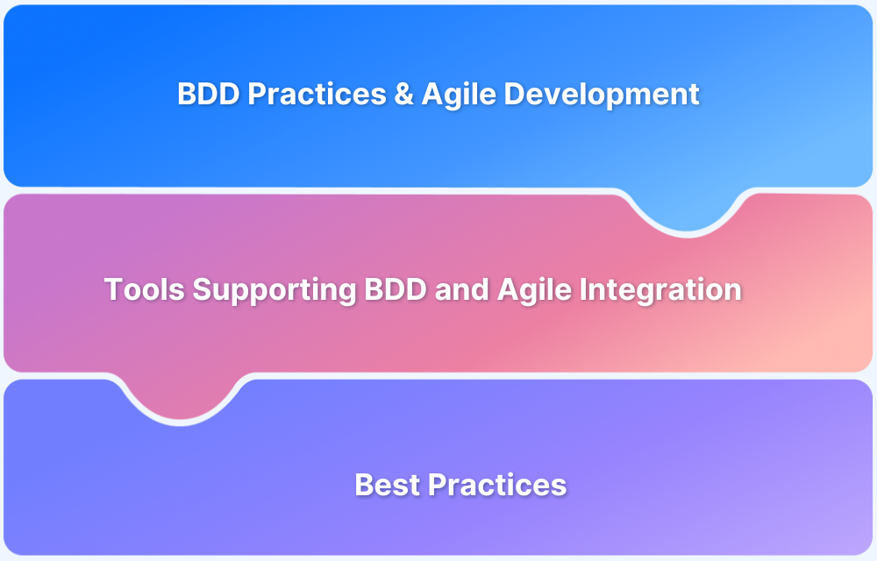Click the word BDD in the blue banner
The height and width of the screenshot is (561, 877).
(209, 93)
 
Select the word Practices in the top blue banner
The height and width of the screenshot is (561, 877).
(317, 93)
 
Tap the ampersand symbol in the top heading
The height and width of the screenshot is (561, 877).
(403, 93)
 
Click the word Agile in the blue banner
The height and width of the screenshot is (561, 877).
(459, 95)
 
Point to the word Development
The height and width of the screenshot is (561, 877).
(602, 95)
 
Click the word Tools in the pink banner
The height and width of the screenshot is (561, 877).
(145, 289)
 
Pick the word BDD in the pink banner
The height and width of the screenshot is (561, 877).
(396, 289)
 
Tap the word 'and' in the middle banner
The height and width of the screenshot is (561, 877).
(462, 289)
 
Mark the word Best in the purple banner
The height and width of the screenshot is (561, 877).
(387, 485)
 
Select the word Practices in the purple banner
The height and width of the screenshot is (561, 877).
(497, 485)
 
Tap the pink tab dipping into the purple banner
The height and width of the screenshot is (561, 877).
(180, 399)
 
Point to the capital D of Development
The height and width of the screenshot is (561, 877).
(514, 93)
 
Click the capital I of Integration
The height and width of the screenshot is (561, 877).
(583, 289)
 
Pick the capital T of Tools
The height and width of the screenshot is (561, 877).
(113, 289)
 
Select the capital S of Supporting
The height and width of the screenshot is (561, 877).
(202, 289)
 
